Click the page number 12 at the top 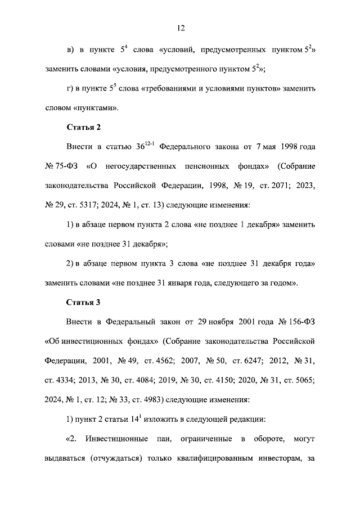click(180, 28)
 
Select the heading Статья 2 click(83, 127)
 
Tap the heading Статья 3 click(83, 302)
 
